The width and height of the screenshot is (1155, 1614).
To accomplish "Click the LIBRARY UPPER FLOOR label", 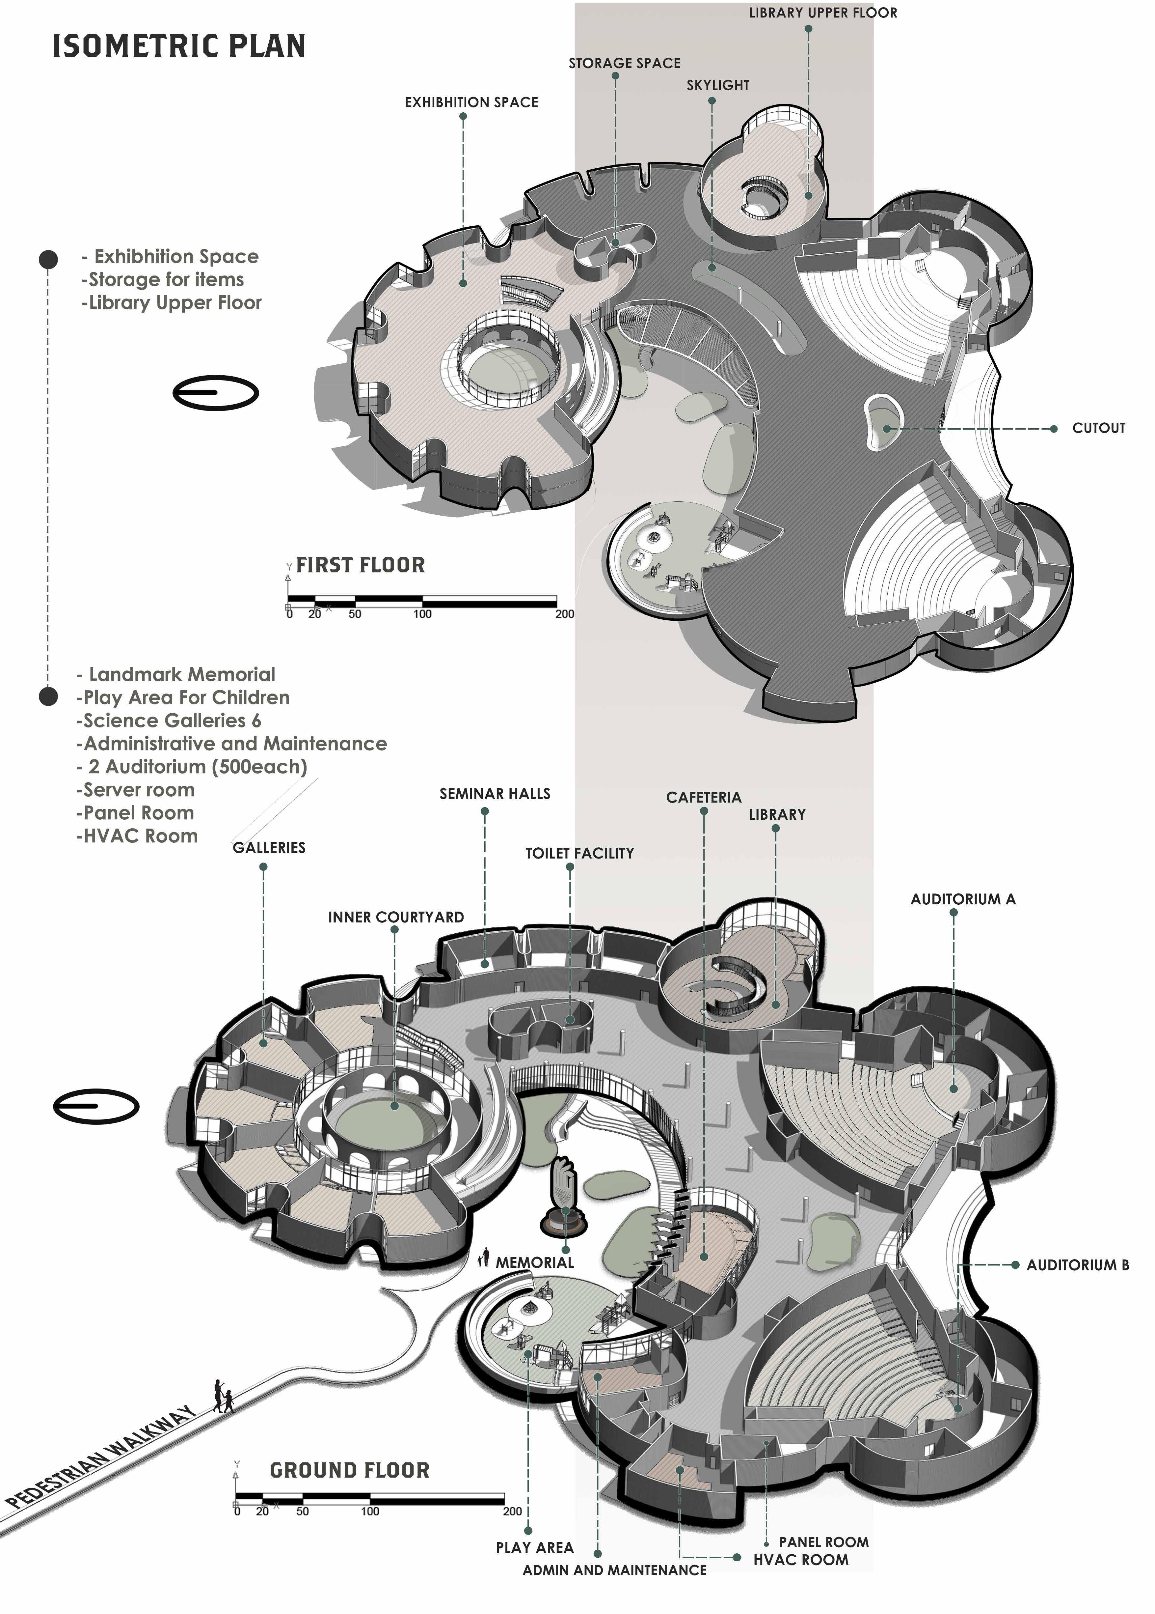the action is tap(823, 13).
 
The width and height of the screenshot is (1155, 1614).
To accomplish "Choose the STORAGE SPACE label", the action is tap(625, 63).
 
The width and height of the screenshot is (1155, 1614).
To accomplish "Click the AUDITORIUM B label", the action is tap(1078, 1265).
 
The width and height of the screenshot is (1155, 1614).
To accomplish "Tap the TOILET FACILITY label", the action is tap(579, 853).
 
